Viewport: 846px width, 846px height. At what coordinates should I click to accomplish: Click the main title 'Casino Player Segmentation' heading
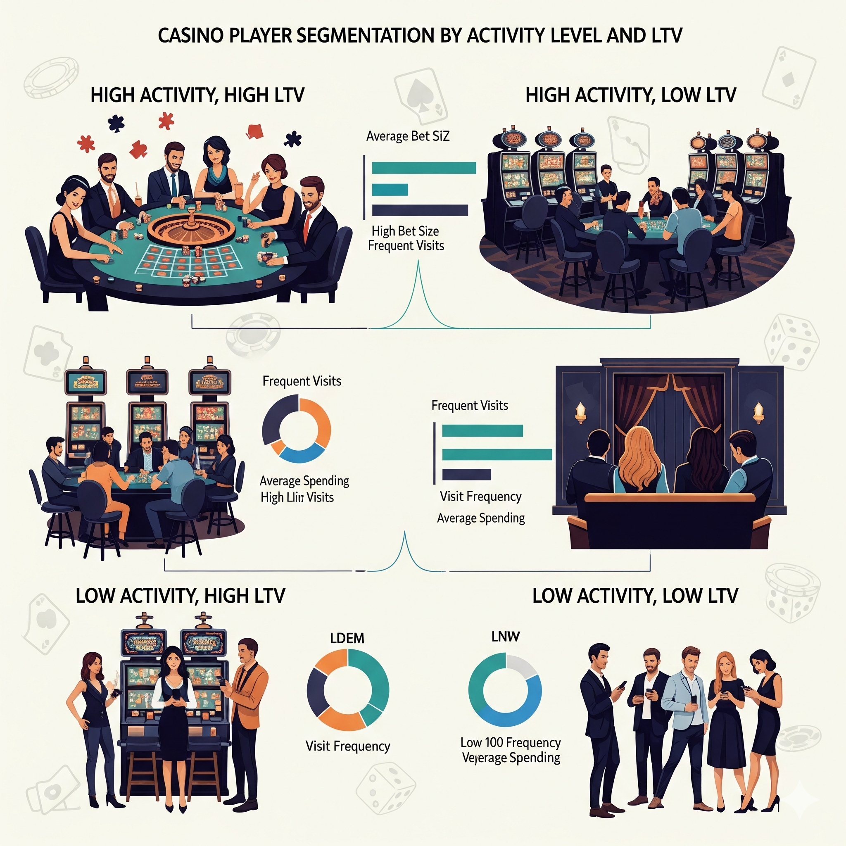coord(420,36)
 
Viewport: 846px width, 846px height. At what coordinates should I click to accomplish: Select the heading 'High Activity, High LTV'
coord(197,95)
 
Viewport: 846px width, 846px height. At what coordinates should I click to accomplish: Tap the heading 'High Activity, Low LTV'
coord(630,95)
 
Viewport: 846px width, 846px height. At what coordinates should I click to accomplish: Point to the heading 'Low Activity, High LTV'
coord(180,596)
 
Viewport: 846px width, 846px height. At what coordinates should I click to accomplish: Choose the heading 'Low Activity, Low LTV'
coord(635,596)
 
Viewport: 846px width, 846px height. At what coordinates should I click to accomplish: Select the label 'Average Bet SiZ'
coord(408,136)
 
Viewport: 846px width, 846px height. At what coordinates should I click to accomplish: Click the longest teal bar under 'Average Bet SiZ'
coord(423,168)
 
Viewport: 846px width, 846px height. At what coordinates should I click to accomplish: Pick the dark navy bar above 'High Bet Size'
coord(420,210)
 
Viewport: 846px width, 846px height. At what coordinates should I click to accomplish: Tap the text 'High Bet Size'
coord(405,231)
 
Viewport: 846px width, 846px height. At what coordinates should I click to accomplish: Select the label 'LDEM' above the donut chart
coord(347,638)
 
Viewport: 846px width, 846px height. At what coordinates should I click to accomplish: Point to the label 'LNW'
coord(505,636)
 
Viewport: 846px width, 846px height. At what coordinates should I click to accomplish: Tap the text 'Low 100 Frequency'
coord(511,743)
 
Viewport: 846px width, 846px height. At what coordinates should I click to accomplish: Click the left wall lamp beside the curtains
coord(581,411)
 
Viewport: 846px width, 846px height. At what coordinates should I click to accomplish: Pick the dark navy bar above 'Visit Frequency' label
coord(466,475)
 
